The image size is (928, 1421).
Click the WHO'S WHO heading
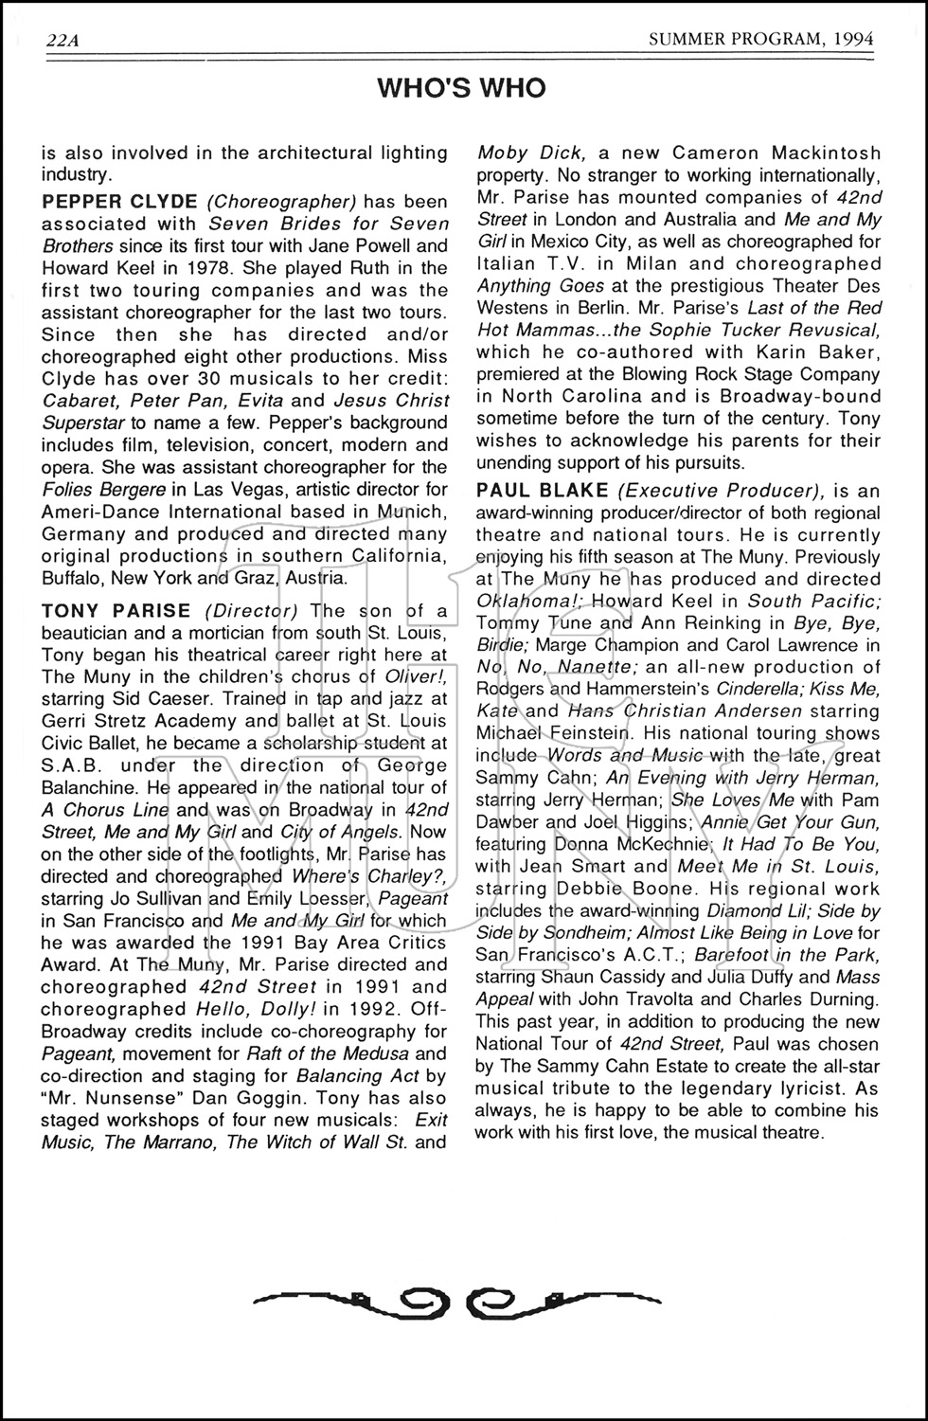(x=461, y=88)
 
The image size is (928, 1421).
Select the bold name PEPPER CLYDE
(x=119, y=202)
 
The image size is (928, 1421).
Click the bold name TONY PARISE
(x=116, y=611)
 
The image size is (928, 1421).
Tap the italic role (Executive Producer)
(x=721, y=490)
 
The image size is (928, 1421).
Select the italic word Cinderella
(x=762, y=689)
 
